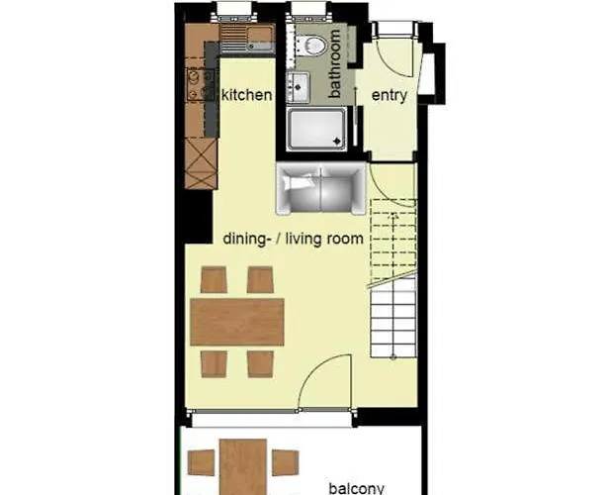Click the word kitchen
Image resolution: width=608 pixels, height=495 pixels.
click(x=246, y=95)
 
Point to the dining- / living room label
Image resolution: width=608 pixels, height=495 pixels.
click(x=293, y=239)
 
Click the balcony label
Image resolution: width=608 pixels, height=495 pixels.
click(x=356, y=487)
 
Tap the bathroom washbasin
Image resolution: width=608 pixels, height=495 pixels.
click(x=297, y=87)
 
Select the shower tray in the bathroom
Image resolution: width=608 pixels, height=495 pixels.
click(x=316, y=129)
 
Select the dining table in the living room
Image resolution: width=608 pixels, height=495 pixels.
click(x=237, y=321)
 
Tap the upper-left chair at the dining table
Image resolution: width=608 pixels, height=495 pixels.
click(x=214, y=280)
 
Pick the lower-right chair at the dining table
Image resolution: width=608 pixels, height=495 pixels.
click(x=260, y=362)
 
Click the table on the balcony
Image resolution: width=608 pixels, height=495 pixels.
click(x=243, y=465)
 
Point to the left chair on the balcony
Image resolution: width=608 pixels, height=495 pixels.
click(x=202, y=462)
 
